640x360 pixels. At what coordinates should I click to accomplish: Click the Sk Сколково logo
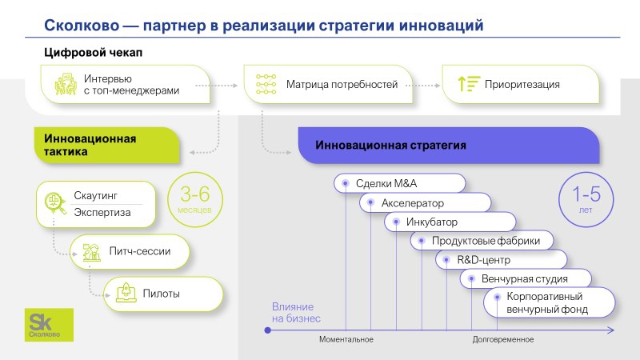tap(50, 326)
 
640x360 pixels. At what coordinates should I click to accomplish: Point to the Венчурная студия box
tap(525, 279)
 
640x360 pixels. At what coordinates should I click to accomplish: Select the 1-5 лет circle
tap(586, 200)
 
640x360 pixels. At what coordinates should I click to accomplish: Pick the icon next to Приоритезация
tap(468, 84)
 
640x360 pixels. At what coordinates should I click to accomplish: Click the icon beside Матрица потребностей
tap(265, 84)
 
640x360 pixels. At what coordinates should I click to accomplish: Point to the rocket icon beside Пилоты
tap(124, 294)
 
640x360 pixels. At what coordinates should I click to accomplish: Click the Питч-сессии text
tap(139, 251)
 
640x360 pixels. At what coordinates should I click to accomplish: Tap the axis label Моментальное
tap(346, 340)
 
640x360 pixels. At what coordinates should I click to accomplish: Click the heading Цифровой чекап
tap(93, 53)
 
